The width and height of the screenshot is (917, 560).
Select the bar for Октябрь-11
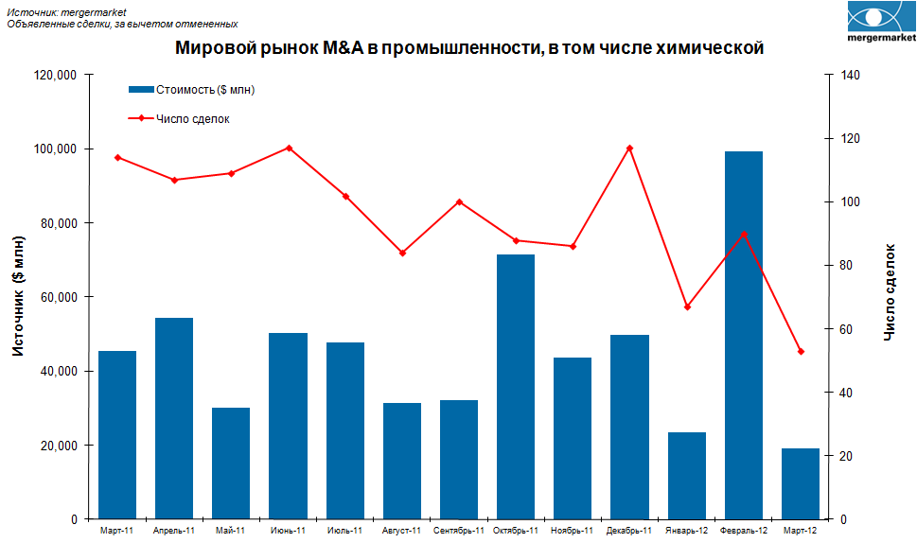tap(516, 387)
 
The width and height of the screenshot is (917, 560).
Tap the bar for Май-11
tap(231, 464)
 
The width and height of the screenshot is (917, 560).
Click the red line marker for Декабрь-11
tap(629, 149)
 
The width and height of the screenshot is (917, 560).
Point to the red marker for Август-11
tap(402, 253)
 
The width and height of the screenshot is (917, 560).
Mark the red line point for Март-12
tap(801, 352)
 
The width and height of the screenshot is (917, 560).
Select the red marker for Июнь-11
tap(289, 149)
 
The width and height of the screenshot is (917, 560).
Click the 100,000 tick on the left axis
tap(56, 149)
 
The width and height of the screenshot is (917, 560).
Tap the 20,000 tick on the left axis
tap(59, 446)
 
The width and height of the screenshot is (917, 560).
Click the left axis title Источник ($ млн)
tap(19, 296)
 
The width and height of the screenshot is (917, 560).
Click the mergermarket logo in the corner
tap(880, 24)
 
